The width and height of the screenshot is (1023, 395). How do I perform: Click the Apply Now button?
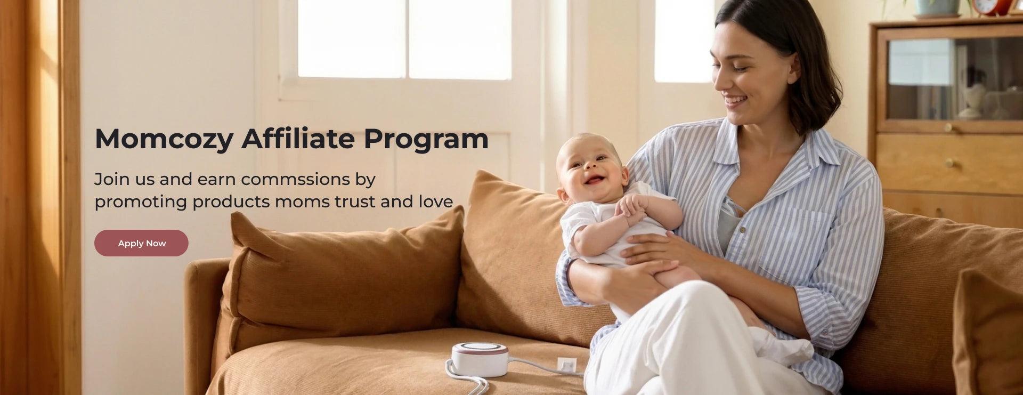tap(141, 243)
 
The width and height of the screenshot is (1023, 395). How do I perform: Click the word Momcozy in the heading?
tap(164, 140)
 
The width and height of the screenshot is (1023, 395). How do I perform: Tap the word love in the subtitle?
tap(436, 202)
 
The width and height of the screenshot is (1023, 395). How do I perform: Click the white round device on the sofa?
tap(480, 359)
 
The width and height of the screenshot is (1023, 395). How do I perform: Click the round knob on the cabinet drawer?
tap(948, 163)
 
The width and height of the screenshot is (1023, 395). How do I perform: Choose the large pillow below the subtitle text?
tap(341, 280)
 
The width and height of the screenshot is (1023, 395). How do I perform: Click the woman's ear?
tap(794, 68)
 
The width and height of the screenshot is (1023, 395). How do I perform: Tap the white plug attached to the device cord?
tap(567, 365)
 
